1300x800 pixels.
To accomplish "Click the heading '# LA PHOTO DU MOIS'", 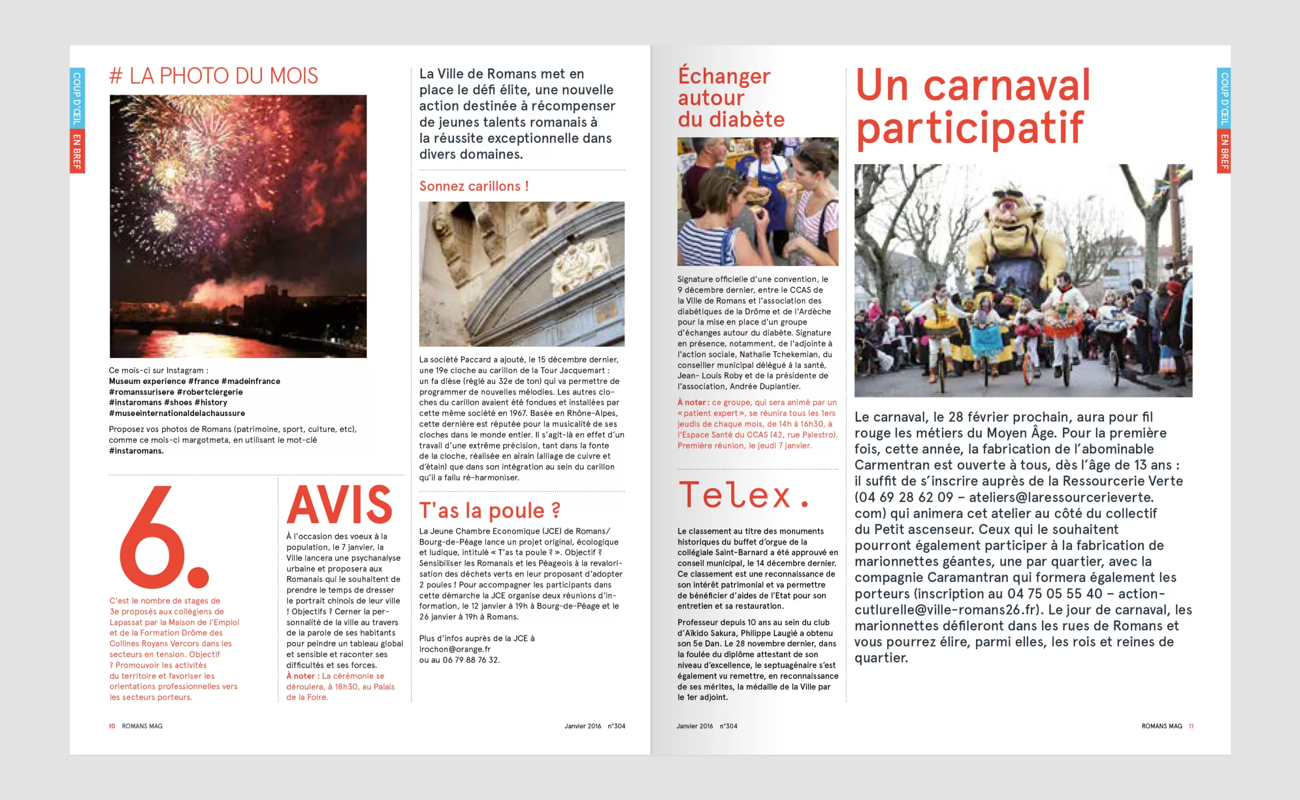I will point(213,76).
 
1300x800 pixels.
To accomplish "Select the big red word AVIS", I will point(340,505).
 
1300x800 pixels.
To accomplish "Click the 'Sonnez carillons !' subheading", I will point(474,186).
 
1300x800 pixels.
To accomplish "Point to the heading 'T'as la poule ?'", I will point(490,510).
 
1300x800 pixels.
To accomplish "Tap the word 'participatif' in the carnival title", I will point(969,127).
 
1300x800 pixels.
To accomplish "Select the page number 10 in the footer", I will point(112,726).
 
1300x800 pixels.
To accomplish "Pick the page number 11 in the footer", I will point(1191,726).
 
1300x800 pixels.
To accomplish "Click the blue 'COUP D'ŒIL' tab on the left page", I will point(77,98).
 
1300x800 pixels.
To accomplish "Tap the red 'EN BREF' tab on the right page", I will point(1224,151).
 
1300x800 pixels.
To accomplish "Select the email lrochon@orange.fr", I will point(455,649).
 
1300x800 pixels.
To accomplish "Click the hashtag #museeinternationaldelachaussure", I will point(177,413).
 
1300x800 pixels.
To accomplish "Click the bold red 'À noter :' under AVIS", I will point(303,676).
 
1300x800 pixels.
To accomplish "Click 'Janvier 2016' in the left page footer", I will point(582,726).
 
